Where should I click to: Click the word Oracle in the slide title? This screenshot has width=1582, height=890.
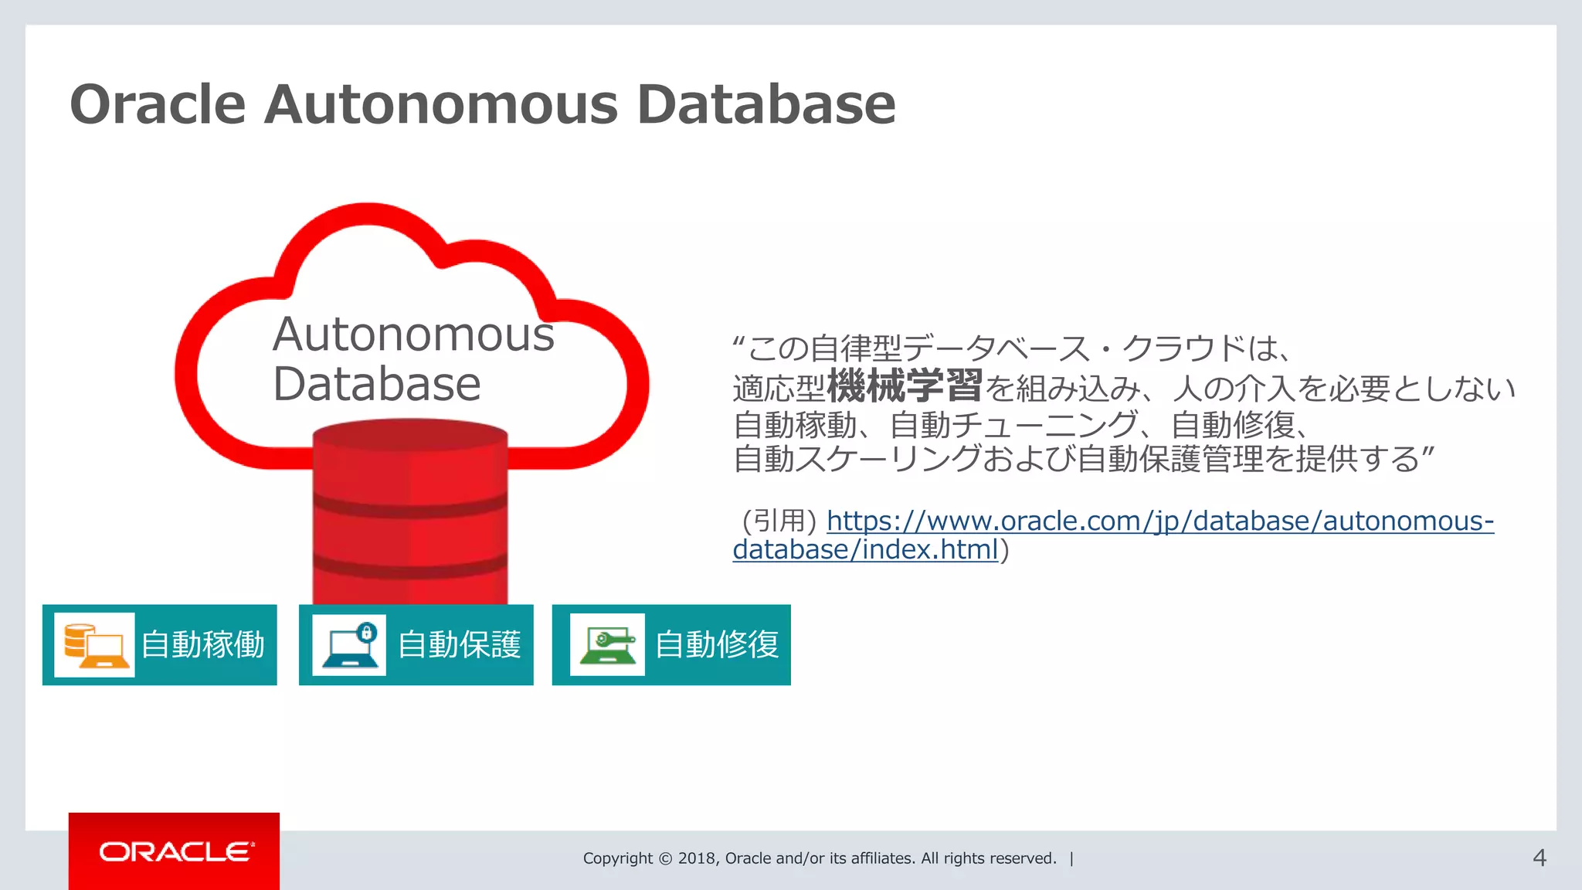click(158, 104)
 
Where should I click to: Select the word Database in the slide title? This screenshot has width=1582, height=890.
click(766, 104)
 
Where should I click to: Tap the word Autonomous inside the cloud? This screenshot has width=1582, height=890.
click(413, 335)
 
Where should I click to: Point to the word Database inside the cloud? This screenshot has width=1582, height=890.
click(376, 384)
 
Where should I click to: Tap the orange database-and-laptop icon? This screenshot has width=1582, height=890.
click(94, 645)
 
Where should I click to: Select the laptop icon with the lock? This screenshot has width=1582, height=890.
click(349, 645)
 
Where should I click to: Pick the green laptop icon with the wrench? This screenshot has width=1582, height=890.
click(607, 645)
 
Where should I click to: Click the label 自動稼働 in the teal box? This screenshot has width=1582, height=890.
click(203, 645)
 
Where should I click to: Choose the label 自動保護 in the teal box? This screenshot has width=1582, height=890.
click(460, 645)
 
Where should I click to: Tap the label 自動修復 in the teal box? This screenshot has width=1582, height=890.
click(717, 645)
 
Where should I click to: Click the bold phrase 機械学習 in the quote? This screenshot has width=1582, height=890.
click(905, 386)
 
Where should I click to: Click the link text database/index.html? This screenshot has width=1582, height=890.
click(865, 550)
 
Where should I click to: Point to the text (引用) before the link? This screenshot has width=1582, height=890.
click(779, 521)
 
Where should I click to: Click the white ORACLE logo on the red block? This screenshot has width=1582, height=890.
click(177, 851)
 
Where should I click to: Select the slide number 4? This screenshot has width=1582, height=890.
click(1539, 858)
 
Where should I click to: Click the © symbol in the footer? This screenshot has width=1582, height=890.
click(665, 858)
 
